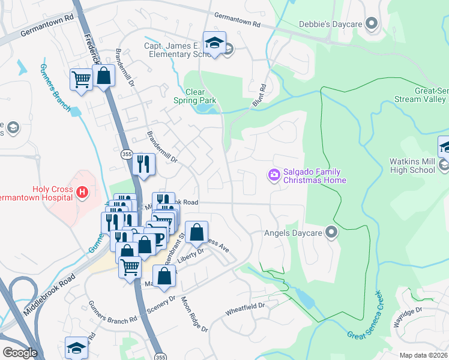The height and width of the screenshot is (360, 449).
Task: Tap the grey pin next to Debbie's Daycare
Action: [372, 25]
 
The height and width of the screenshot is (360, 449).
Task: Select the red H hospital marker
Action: [83, 193]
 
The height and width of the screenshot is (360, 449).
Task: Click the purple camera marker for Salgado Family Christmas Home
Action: [274, 175]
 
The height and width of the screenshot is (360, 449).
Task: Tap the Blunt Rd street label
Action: [259, 96]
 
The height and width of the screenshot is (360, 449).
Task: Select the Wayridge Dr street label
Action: [424, 310]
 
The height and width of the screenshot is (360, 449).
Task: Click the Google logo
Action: [20, 353]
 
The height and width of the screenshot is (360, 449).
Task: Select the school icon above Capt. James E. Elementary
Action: [214, 42]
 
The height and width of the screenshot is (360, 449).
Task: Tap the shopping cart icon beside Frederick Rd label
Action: [81, 79]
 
